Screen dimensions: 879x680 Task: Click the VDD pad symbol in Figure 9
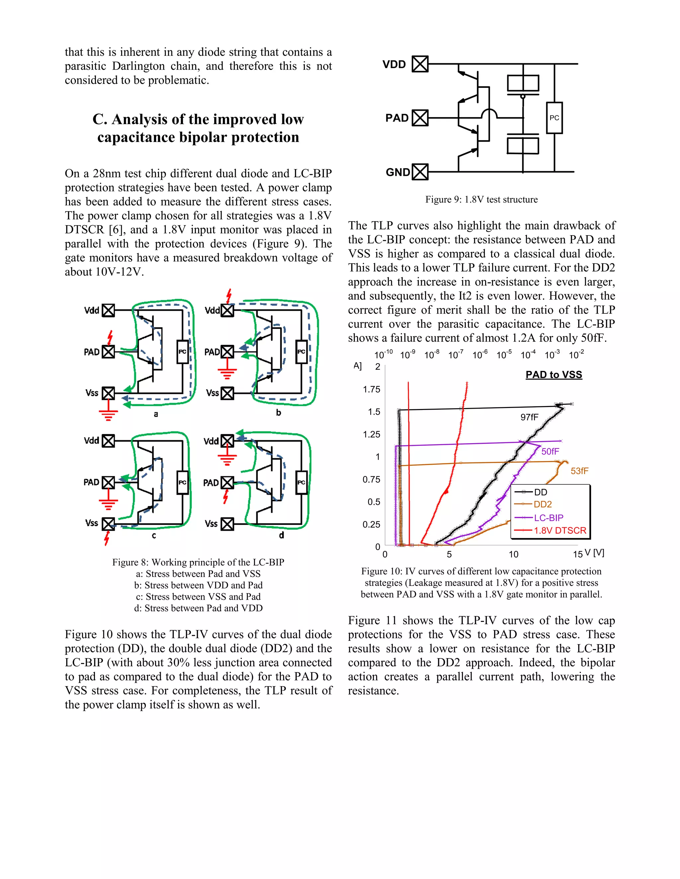pyautogui.click(x=420, y=64)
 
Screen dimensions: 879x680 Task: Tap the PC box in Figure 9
pyautogui.click(x=554, y=118)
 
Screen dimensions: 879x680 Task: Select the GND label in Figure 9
pyautogui.click(x=397, y=172)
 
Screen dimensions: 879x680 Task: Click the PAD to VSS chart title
pyautogui.click(x=553, y=375)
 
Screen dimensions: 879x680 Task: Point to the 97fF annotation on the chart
pyautogui.click(x=529, y=417)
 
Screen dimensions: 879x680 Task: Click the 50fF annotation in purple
pyautogui.click(x=550, y=451)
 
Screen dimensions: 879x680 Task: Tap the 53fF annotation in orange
pyautogui.click(x=579, y=471)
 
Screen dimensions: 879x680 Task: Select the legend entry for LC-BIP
pyautogui.click(x=548, y=518)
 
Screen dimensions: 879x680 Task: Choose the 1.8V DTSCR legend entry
pyautogui.click(x=559, y=531)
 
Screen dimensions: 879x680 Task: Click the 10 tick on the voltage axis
pyautogui.click(x=513, y=555)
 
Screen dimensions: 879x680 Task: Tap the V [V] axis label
pyautogui.click(x=594, y=553)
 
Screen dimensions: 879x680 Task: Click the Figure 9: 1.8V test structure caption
pyautogui.click(x=481, y=200)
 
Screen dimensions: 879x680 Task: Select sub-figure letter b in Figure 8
pyautogui.click(x=278, y=413)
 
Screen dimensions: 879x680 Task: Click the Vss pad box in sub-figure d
pyautogui.click(x=227, y=524)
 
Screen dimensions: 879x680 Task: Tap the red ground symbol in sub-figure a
pyautogui.click(x=108, y=415)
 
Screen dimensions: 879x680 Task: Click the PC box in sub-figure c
pyautogui.click(x=183, y=482)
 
